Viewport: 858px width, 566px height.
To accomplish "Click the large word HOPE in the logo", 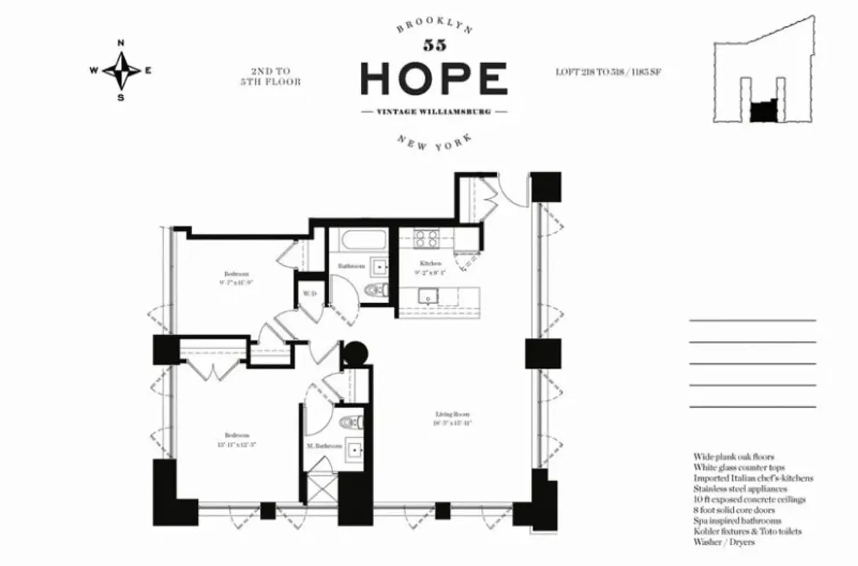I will [x=434, y=78].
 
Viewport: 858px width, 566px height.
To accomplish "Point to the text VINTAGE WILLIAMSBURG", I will [x=434, y=112].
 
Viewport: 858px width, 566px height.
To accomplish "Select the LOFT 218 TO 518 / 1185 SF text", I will [x=609, y=71].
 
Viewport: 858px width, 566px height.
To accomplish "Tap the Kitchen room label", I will [x=431, y=264].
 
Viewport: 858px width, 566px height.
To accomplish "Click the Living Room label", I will [x=453, y=415].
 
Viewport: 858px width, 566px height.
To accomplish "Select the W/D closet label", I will [x=309, y=293].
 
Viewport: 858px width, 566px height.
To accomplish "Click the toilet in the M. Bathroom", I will [x=351, y=423].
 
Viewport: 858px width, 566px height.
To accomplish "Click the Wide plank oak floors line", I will [x=734, y=457].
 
